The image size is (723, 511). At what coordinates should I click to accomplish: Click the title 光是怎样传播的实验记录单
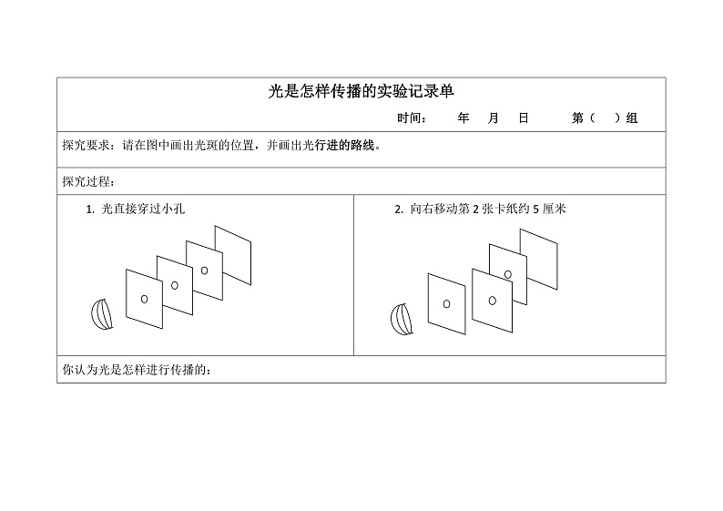click(x=361, y=91)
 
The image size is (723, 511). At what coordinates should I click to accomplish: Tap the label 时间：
click(x=412, y=118)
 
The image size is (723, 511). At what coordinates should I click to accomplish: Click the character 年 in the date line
click(x=463, y=118)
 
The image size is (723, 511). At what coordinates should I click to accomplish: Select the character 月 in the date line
click(x=493, y=118)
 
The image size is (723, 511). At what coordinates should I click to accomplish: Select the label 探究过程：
click(x=87, y=180)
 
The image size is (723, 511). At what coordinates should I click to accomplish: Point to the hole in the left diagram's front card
click(x=143, y=298)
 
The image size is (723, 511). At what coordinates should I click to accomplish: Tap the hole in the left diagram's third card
click(x=204, y=270)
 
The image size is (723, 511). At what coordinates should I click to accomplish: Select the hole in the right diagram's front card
click(x=446, y=304)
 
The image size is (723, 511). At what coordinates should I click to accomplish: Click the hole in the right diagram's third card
click(x=507, y=273)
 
